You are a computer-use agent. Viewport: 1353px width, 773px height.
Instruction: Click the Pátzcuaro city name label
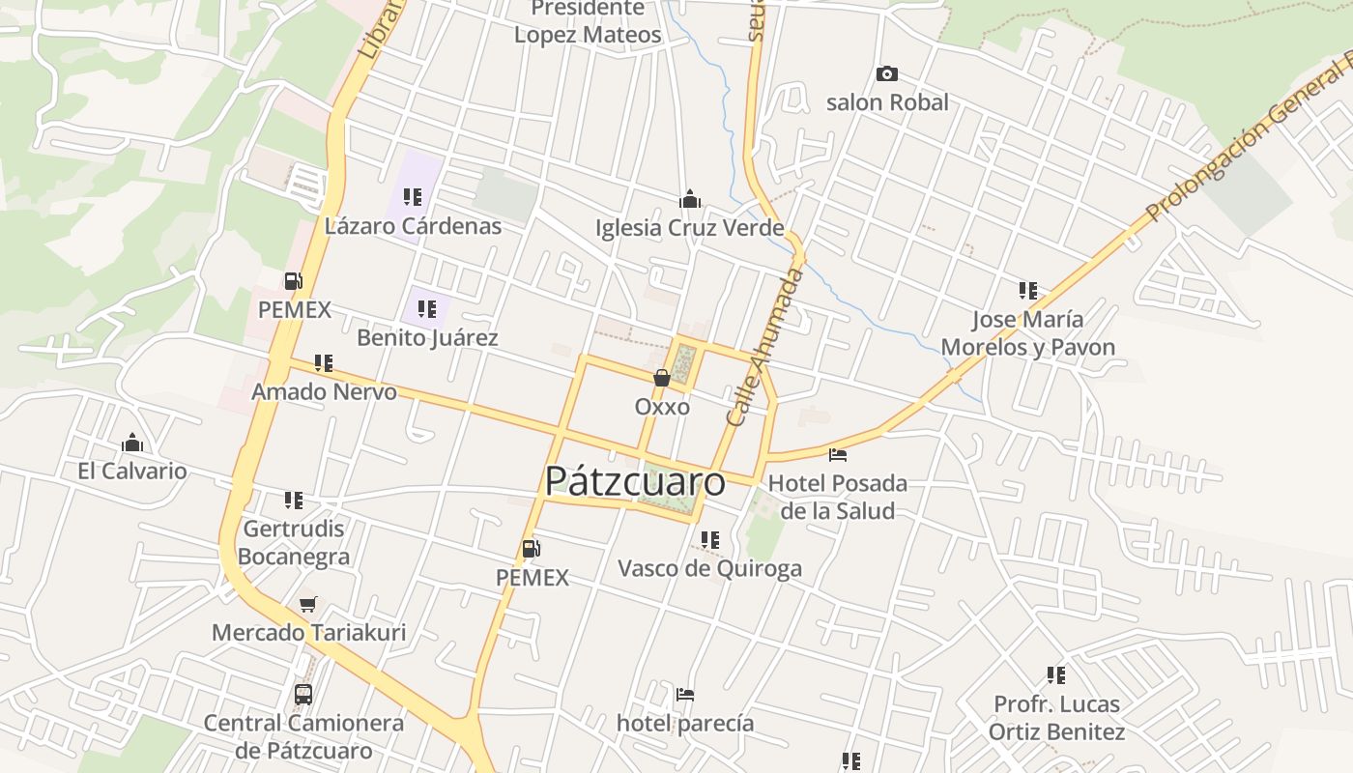click(x=634, y=481)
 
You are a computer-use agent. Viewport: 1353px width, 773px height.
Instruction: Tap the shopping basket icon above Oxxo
click(x=662, y=378)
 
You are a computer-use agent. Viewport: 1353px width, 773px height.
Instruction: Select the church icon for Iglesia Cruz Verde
click(x=690, y=199)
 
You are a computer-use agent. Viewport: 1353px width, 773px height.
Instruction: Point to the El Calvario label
click(x=132, y=472)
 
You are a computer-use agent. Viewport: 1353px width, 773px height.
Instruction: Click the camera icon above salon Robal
click(x=886, y=74)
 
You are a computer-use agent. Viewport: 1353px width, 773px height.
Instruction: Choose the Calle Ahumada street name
click(x=764, y=348)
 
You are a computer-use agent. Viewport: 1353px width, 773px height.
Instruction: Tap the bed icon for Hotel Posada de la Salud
click(x=838, y=454)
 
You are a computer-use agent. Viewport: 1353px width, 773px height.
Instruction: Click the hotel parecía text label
click(x=685, y=723)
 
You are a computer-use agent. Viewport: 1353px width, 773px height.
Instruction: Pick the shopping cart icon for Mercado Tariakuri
click(x=307, y=605)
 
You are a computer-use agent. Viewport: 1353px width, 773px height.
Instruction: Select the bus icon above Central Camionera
click(x=303, y=694)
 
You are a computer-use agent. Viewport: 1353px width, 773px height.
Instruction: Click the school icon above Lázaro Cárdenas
click(x=413, y=197)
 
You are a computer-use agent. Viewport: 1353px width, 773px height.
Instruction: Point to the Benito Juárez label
click(x=427, y=337)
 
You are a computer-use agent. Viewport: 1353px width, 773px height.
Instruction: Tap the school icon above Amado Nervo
click(x=324, y=363)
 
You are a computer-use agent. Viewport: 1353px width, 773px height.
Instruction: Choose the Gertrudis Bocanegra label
click(x=294, y=543)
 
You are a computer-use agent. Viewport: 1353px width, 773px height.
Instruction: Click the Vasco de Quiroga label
click(x=709, y=568)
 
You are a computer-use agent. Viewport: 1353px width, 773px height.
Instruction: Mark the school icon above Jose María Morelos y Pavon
click(x=1027, y=290)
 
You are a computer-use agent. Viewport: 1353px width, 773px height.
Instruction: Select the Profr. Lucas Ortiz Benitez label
click(x=1056, y=718)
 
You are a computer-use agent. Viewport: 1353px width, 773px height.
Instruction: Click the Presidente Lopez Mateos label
click(x=588, y=21)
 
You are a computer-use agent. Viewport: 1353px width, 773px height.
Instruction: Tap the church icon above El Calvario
click(x=132, y=444)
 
